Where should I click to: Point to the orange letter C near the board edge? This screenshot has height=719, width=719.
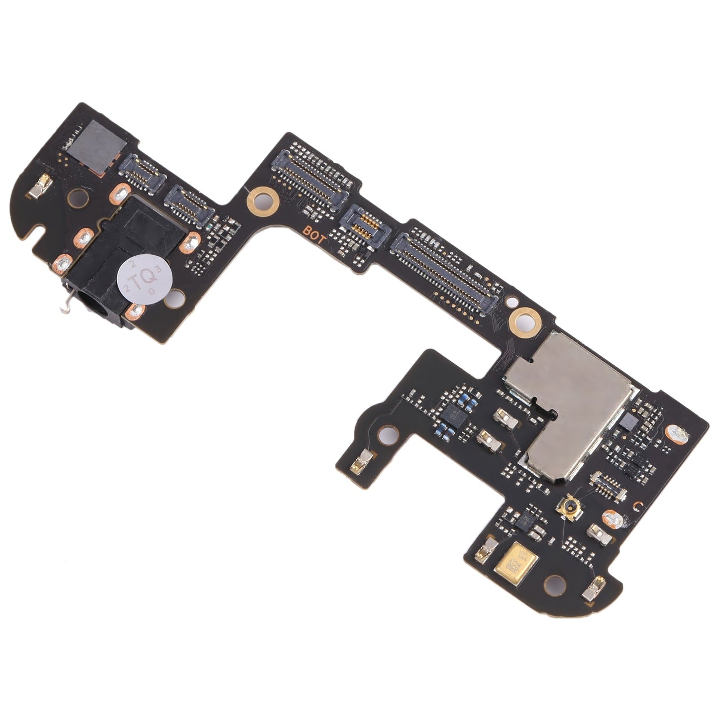[636, 506]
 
